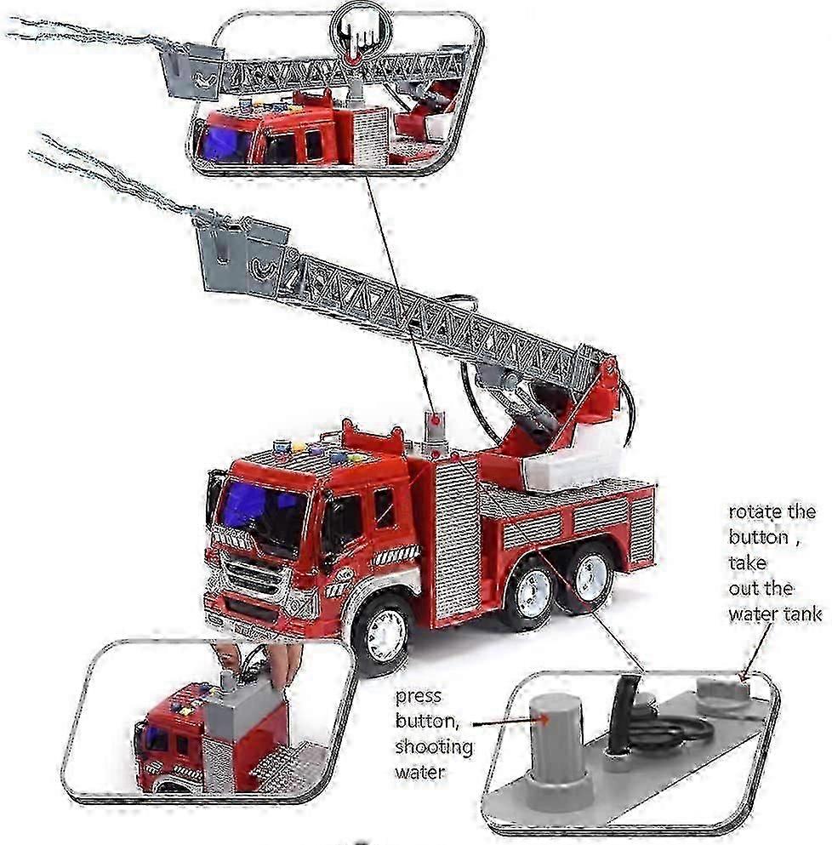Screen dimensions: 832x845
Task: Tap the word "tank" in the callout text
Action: coord(802,614)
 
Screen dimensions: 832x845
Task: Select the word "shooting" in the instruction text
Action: coord(434,747)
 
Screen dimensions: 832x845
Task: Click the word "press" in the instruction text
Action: coord(419,697)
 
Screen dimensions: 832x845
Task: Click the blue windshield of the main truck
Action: coord(262,513)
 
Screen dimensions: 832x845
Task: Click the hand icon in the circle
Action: coord(359,34)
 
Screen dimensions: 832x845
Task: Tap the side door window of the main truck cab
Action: coord(384,508)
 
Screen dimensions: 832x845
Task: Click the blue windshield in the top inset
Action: coord(224,142)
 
